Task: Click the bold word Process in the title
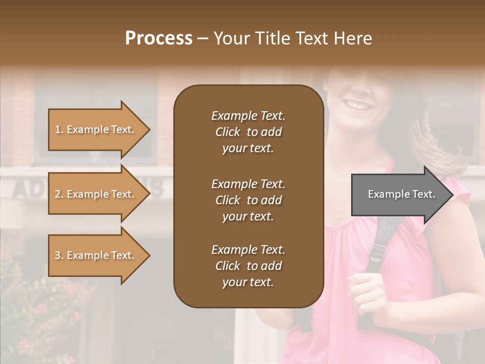pyautogui.click(x=159, y=38)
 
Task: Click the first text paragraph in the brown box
pyautogui.click(x=248, y=132)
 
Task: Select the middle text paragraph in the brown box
pyautogui.click(x=248, y=200)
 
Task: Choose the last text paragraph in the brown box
pyautogui.click(x=248, y=266)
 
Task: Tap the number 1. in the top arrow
pyautogui.click(x=59, y=129)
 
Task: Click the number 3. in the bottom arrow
pyautogui.click(x=59, y=255)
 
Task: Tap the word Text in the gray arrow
pyautogui.click(x=423, y=194)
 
